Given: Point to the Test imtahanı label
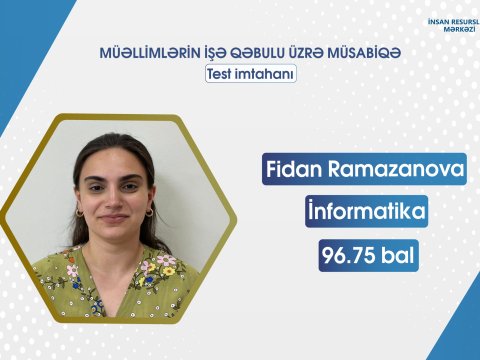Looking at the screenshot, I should coord(249,73).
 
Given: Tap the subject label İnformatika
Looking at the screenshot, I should coord(365,213).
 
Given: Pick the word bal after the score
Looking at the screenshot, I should coord(396,255).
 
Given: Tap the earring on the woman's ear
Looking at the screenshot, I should coord(150,212).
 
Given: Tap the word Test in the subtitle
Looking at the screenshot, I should coord(222,73).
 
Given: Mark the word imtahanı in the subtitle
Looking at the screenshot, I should coord(266,73).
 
